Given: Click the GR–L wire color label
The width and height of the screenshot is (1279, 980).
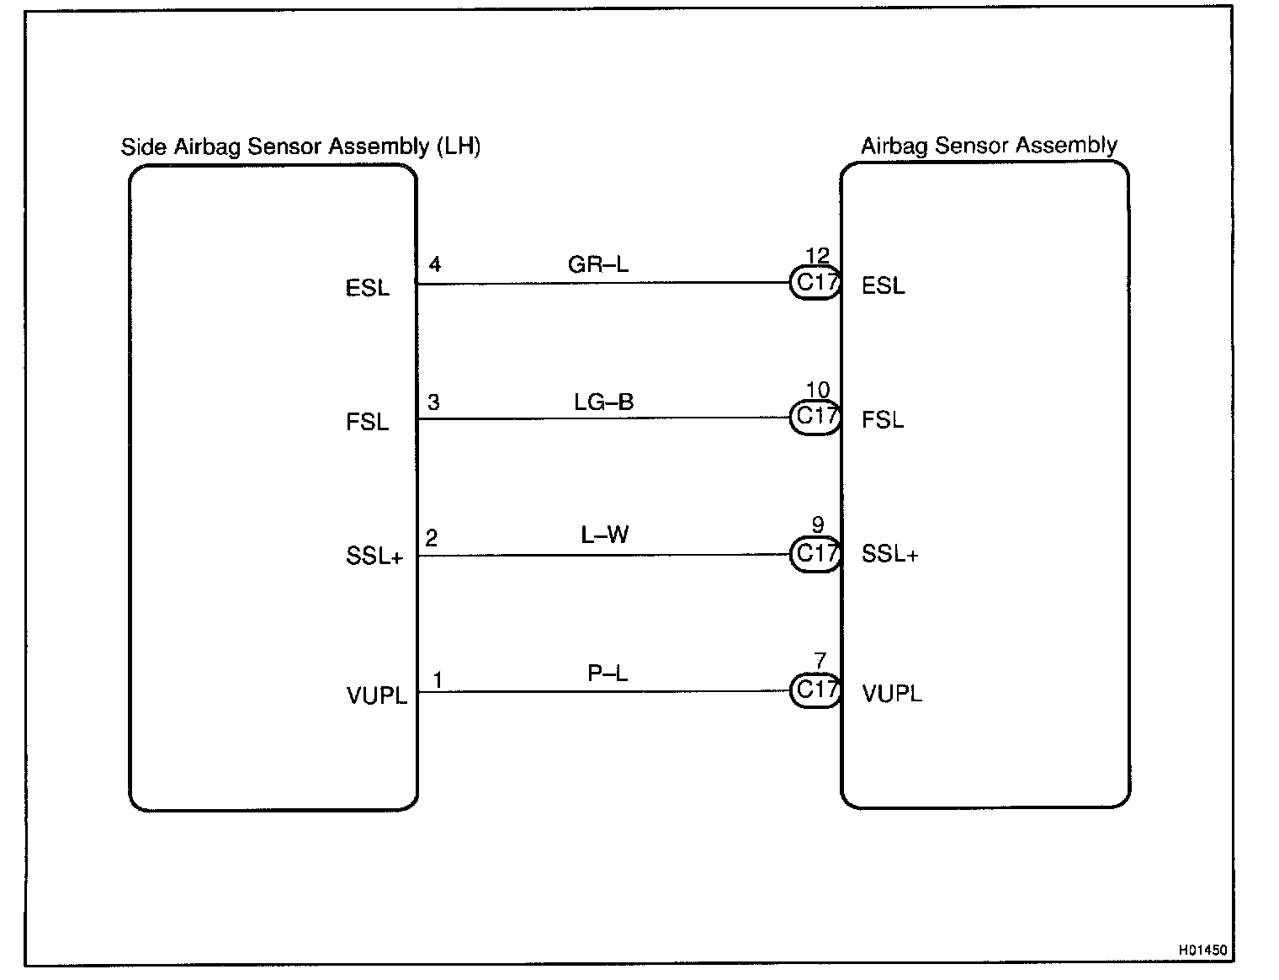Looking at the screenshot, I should point(598,264).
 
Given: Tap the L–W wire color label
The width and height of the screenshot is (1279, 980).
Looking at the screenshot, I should point(605,535).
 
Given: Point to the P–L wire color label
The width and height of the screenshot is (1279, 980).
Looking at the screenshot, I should point(608,674).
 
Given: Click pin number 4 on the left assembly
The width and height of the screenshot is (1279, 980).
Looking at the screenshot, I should point(435,264).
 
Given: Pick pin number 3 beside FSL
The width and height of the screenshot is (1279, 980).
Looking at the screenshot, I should point(433,402).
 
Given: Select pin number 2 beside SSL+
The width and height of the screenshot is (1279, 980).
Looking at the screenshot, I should point(432,538).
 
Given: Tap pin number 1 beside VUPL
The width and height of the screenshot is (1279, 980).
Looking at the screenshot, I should point(438,680).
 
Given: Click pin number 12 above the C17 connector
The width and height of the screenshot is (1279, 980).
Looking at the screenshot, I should point(817,255).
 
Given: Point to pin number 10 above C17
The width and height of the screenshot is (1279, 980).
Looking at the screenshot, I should point(817,390).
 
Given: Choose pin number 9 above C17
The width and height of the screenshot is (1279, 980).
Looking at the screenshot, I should point(818,526).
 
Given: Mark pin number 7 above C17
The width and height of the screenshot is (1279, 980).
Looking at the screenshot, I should point(820,662).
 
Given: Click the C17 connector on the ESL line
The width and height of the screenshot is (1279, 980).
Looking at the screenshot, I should point(815,283).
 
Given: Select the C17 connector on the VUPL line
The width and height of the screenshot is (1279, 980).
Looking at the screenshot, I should point(815,690).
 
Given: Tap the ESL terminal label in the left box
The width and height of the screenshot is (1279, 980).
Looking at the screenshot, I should point(368,288).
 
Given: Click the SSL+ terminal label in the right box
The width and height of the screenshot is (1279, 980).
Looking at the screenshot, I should point(889,554).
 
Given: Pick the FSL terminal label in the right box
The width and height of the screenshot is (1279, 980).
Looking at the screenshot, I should point(883,419).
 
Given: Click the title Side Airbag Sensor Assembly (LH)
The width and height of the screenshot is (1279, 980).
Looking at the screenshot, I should point(300,146).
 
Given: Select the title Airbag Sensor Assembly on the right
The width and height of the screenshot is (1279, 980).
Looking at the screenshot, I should point(989,146).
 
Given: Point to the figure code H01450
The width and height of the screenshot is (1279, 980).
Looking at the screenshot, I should point(1202,951).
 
